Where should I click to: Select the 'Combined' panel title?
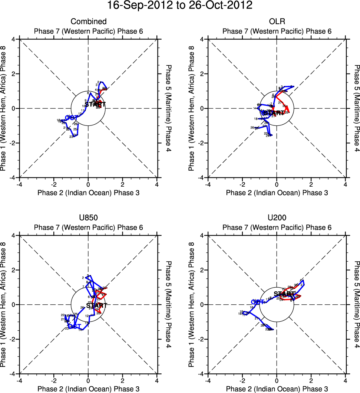(x=88, y=22)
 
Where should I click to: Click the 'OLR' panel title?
(x=277, y=22)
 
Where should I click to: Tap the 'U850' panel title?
(x=88, y=218)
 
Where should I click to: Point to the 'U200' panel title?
(x=277, y=218)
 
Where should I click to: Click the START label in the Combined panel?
(x=95, y=104)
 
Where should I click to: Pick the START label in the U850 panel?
(x=96, y=305)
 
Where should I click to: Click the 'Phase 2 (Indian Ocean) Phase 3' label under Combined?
(x=88, y=192)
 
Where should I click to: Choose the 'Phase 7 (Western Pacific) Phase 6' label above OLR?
(x=277, y=31)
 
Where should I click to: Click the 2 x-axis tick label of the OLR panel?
(x=311, y=184)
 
